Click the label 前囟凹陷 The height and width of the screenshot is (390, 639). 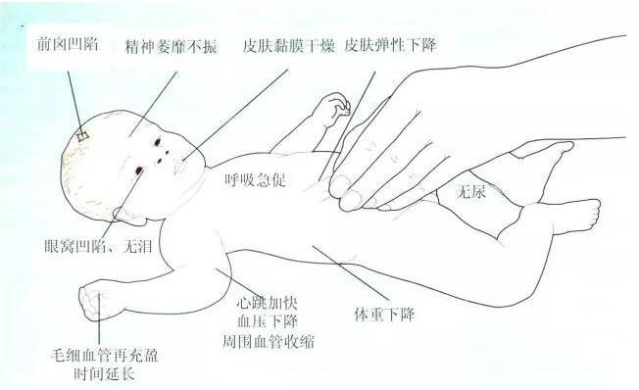coord(68,44)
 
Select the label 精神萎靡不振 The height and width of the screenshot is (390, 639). coord(171,47)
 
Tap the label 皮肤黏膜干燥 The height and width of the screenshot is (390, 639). coord(288,46)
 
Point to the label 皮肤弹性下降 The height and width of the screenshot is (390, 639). coord(390,45)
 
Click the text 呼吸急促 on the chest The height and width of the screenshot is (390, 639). coord(256,179)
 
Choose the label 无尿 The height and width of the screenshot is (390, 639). coord(472,191)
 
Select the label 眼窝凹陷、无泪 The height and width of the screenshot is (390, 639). coord(98,246)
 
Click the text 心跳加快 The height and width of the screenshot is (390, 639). coord(267,303)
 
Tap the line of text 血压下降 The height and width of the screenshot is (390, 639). coord(267,321)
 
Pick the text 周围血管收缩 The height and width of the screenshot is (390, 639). coord(269,341)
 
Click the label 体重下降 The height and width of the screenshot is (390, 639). coord(384,315)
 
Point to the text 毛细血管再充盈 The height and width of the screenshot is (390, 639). coord(104,356)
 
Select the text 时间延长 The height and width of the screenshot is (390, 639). coord(104,373)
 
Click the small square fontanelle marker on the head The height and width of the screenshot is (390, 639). coord(83,136)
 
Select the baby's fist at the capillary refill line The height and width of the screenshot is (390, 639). coord(90,301)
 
